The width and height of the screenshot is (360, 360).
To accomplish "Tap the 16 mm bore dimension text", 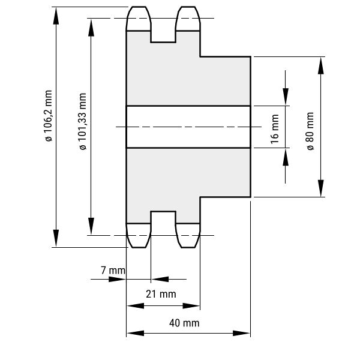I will (275, 127).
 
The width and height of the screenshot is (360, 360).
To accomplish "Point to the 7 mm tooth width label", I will (113, 271).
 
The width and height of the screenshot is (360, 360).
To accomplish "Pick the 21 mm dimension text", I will (161, 294).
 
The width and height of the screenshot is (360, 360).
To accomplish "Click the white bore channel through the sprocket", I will (188, 127).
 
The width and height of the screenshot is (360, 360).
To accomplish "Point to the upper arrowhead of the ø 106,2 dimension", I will (56, 16).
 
